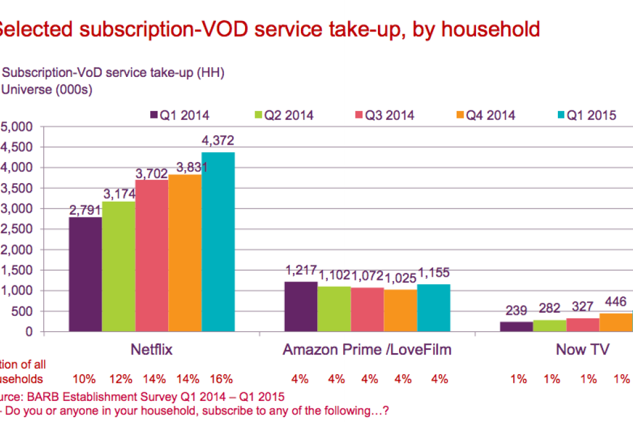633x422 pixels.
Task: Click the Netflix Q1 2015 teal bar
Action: [x=218, y=242]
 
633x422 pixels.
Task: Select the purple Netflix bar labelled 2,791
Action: [x=85, y=274]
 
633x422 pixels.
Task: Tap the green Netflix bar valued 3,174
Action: [x=119, y=266]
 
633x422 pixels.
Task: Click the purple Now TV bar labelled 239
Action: [x=516, y=326]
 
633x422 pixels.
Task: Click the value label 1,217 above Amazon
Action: [x=301, y=271]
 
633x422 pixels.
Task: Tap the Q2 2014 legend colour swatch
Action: [x=258, y=115]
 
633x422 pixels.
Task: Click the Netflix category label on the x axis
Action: [x=151, y=350]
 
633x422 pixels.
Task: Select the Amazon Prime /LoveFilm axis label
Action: [x=367, y=350]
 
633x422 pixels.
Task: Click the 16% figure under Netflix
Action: [x=221, y=379]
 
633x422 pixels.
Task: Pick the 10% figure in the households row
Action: [x=84, y=379]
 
